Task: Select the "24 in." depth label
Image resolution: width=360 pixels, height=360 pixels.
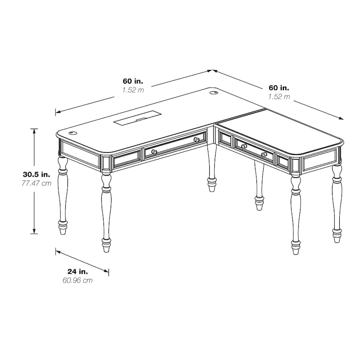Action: click(78, 271)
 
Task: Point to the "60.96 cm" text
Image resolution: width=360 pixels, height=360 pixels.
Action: click(78, 280)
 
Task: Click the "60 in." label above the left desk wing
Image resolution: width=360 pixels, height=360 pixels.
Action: click(133, 81)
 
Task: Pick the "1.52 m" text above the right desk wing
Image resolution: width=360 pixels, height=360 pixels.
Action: click(279, 97)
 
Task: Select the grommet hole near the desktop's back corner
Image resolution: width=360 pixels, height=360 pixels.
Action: click(214, 93)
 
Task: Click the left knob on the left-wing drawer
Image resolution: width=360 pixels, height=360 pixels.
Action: click(154, 152)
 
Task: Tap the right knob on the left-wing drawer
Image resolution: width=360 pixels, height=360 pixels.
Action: click(197, 140)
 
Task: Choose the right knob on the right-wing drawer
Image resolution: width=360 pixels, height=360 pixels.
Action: click(264, 154)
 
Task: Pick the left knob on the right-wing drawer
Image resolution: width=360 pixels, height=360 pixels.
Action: click(243, 146)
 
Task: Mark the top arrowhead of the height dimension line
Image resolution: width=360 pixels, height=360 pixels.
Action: click(34, 130)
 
